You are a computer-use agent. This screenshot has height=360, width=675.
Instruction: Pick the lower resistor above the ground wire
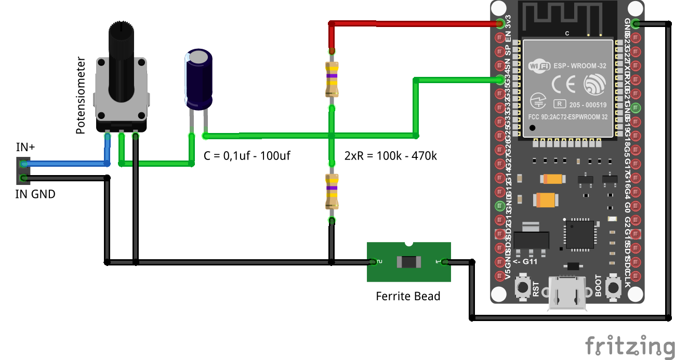pyautogui.click(x=332, y=191)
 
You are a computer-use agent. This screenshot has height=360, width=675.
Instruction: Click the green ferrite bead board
pyautogui.click(x=408, y=262)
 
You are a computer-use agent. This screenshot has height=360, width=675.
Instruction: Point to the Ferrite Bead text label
pyautogui.click(x=408, y=297)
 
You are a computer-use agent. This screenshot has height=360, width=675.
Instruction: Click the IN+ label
pyautogui.click(x=25, y=147)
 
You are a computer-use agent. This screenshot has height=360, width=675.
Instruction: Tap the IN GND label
pyautogui.click(x=35, y=195)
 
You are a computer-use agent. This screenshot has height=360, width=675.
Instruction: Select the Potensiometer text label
pyautogui.click(x=81, y=96)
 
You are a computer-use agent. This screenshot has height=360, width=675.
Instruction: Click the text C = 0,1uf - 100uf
pyautogui.click(x=247, y=155)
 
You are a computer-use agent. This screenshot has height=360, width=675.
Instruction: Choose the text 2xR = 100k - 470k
pyautogui.click(x=391, y=155)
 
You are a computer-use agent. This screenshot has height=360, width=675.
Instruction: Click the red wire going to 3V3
pyautogui.click(x=416, y=23)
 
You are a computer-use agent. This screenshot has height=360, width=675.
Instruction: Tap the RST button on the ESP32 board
pyautogui.click(x=521, y=287)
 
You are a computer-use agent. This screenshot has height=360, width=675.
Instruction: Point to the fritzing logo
pyautogui.click(x=629, y=346)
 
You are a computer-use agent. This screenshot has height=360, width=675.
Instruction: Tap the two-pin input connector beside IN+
pyautogui.click(x=23, y=171)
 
